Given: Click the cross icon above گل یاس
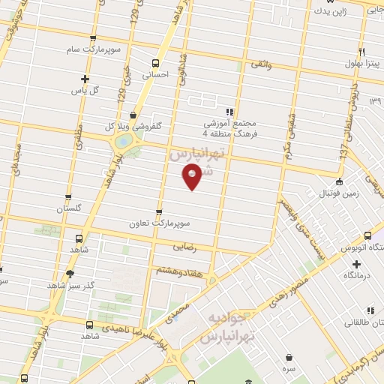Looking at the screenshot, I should point(85,79).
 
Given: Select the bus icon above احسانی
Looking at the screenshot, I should point(155,63).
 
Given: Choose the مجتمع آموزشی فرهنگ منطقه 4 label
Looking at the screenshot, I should point(230,128).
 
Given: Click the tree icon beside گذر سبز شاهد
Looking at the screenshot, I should point(70,274).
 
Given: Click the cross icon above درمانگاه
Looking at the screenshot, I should point(355,265).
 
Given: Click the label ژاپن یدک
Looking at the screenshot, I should point(331,10).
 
